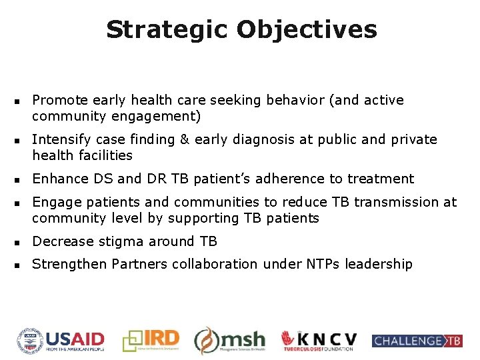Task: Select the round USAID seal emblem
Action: (x=30, y=341)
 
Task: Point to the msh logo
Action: (x=230, y=341)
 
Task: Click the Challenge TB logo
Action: (x=417, y=341)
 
